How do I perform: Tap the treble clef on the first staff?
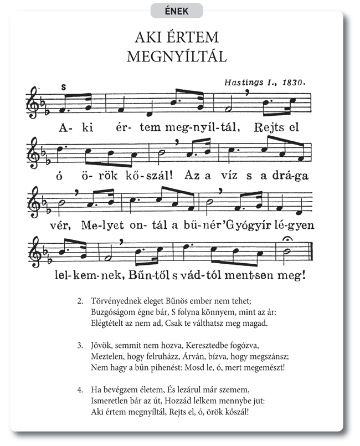click(x=34, y=101)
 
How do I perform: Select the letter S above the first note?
click(x=64, y=87)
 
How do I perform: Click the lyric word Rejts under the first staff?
click(x=270, y=127)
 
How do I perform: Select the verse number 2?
click(x=80, y=301)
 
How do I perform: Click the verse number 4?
click(x=80, y=390)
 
